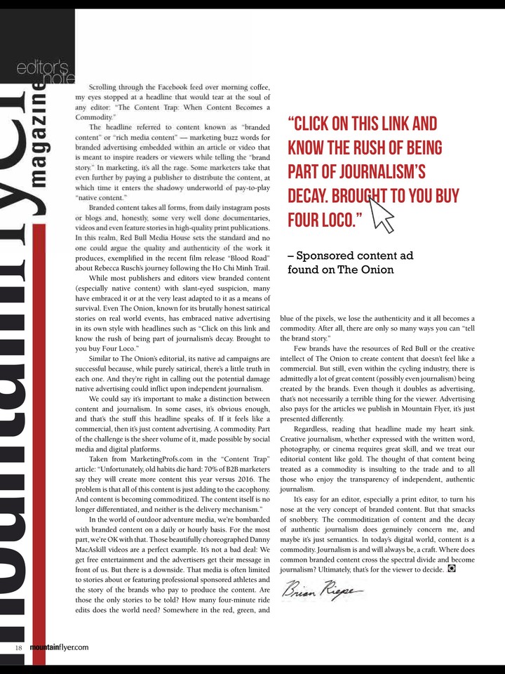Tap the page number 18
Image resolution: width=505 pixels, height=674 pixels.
tap(19, 647)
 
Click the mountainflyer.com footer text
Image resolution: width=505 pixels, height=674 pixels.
tap(60, 647)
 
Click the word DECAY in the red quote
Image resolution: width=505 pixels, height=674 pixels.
tap(311, 197)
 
